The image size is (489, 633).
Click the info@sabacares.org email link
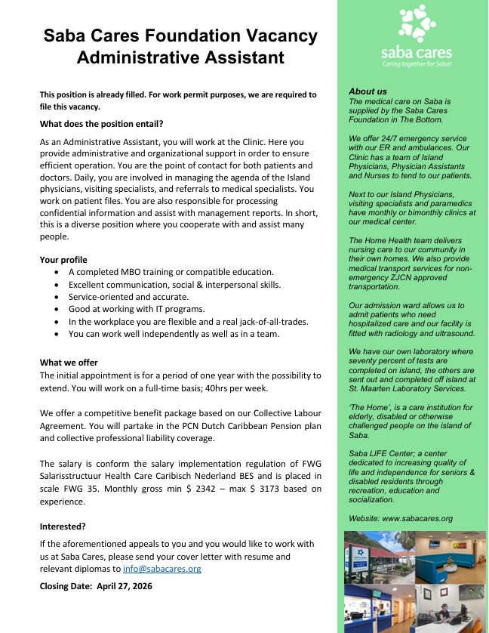coord(162,568)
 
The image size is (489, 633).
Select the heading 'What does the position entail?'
coord(101,123)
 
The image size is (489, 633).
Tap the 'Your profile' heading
coord(63,260)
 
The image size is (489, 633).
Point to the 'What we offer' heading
coord(69,363)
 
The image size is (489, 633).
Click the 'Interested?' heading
coord(63,526)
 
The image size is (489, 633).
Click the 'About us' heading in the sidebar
coord(368,91)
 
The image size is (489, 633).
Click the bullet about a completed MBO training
coord(171,271)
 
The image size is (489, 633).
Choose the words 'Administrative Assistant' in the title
coord(180,57)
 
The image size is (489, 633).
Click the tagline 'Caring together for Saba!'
coord(417,64)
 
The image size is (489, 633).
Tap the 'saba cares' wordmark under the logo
coord(417,51)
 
